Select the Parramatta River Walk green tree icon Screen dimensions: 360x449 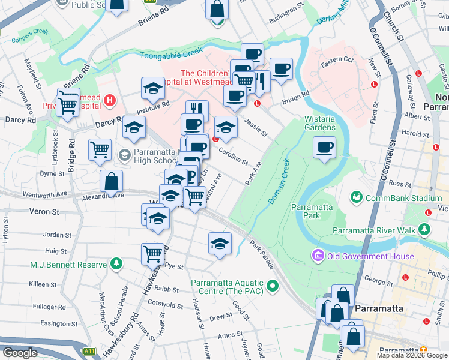coord(425,230)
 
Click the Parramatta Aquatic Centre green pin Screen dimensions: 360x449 coord(273,286)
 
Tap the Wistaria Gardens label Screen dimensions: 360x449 coord(319,123)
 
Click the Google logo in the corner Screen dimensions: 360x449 coord(20,353)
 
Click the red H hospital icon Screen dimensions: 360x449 coord(109,100)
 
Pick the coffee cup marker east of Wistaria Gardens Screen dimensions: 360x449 coord(324,148)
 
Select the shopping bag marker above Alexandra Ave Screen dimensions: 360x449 coord(112,181)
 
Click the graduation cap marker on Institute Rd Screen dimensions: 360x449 coord(154,89)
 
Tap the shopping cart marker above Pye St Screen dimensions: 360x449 coord(153,253)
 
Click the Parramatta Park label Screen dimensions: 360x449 coord(311,211)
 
